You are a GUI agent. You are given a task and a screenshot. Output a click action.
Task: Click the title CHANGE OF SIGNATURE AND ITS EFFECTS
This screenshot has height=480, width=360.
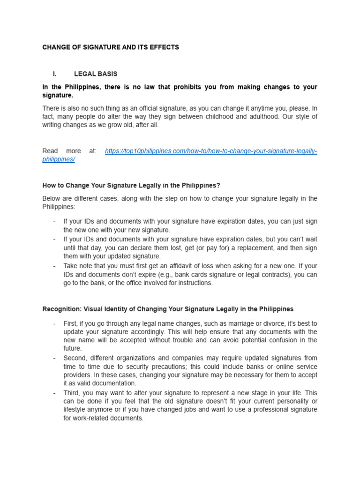tap(111, 47)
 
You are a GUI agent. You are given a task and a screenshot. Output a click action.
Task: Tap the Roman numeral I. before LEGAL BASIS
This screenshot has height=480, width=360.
tap(55, 74)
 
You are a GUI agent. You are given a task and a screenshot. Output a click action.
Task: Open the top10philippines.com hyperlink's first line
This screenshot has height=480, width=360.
tap(211, 151)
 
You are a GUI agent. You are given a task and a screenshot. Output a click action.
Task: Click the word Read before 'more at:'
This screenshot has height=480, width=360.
tap(50, 151)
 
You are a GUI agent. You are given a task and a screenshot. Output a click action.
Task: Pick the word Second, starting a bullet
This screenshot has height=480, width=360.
tap(75, 358)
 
